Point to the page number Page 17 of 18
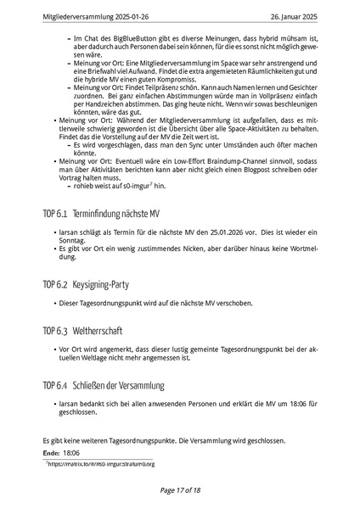pos(179,490)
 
